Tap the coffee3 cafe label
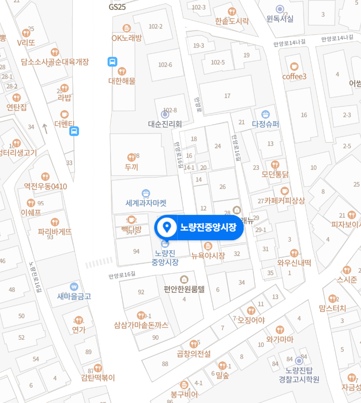tap(294, 77)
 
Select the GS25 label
tap(117, 7)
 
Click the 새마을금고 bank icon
tap(73, 286)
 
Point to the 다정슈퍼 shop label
tap(265, 124)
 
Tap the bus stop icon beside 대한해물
tap(112, 61)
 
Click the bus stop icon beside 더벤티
tap(74, 131)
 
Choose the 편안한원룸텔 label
tap(184, 289)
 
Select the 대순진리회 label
tap(165, 124)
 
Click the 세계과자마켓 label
tap(146, 202)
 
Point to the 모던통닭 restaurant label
tap(275, 175)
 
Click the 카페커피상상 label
tap(284, 201)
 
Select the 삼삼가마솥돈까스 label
tap(141, 325)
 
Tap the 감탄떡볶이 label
tap(98, 378)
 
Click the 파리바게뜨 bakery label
tap(55, 231)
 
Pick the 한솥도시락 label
tap(232, 21)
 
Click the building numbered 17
tap(227, 96)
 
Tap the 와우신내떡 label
tap(294, 262)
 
